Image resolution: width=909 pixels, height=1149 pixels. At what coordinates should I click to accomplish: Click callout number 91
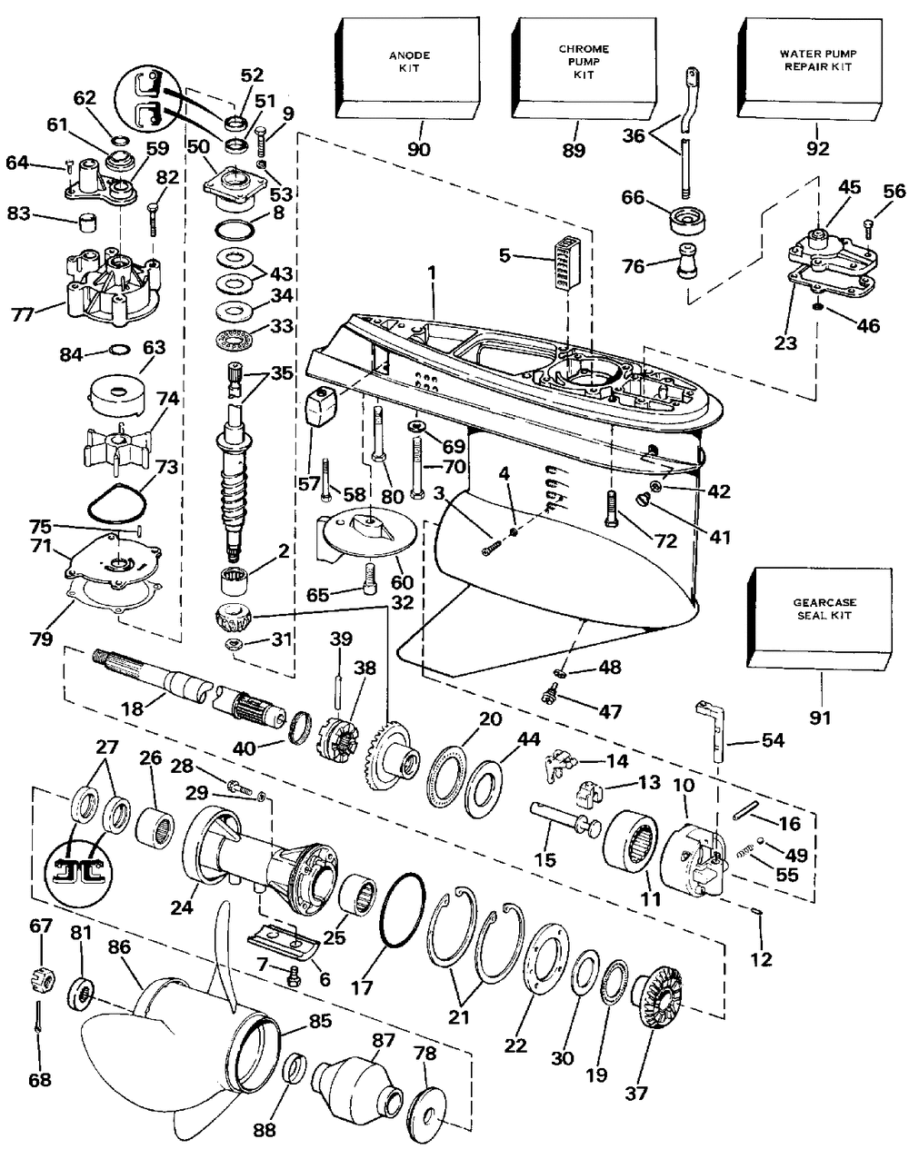point(820,718)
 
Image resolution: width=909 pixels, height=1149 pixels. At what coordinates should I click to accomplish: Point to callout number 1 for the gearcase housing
point(432,273)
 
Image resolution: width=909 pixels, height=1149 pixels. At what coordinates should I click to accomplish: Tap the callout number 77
point(24,315)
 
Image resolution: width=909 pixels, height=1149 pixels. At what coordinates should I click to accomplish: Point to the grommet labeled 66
point(688,219)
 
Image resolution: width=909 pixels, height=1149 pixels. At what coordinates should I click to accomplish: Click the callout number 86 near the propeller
point(118,946)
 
